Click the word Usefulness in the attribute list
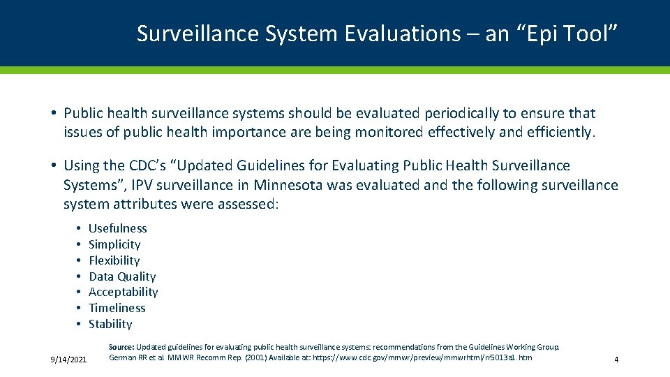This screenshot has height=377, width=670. (x=117, y=228)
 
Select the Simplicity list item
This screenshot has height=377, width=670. (x=114, y=244)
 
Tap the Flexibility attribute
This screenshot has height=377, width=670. (x=114, y=260)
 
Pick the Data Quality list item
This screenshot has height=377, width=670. (x=122, y=276)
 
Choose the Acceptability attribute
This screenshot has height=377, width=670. (x=123, y=292)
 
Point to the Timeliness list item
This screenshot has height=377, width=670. (x=117, y=308)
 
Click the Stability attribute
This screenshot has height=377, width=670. (x=110, y=324)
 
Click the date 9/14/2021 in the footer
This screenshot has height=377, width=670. (x=68, y=360)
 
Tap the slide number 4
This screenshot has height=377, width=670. (x=616, y=360)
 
